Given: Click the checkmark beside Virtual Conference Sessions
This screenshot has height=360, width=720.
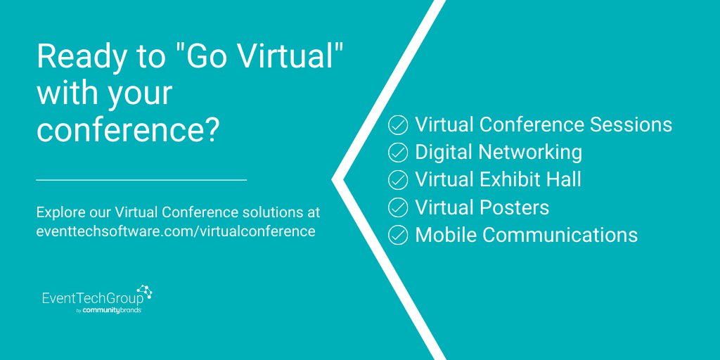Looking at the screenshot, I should pos(398,125).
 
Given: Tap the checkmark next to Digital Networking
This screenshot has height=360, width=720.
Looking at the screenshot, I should pos(398,152).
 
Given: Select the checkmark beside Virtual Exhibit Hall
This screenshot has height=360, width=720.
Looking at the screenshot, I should pos(398,179).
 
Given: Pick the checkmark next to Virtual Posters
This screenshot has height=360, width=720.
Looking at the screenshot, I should pos(398,207).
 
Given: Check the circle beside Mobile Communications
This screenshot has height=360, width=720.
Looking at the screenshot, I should pos(398,234).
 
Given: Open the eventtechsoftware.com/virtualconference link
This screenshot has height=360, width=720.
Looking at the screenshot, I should pos(175,231).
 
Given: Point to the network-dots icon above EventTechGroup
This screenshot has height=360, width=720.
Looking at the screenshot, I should pos(144,290).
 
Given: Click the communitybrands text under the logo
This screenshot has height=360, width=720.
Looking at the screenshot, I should pos(112,310).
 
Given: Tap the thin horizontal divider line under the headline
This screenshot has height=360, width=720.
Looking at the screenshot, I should pos(141,180).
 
